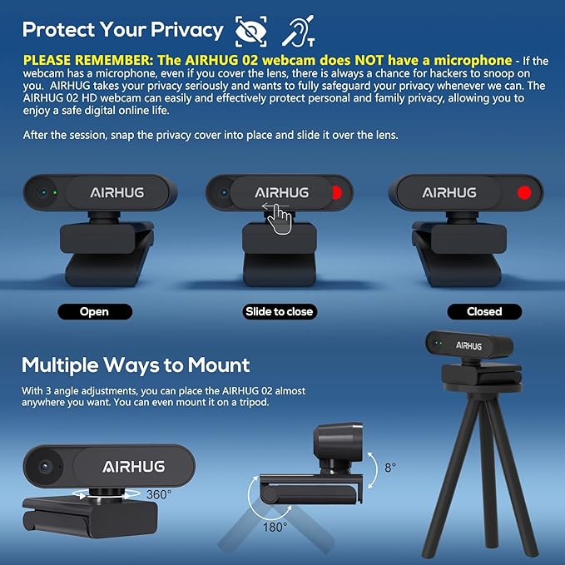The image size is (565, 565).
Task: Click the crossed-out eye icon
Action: coord(251,31)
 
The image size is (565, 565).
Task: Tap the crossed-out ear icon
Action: coord(299,31)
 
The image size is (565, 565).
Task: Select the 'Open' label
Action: coord(95,312)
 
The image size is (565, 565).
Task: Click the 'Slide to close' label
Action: coord(280,312)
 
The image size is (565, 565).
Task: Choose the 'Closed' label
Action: coord(484,312)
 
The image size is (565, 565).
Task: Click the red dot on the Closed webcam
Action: coord(524,193)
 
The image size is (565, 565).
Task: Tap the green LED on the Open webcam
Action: coord(55,193)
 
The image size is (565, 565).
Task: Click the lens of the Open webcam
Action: coord(43,193)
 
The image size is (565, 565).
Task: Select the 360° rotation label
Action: coord(159,494)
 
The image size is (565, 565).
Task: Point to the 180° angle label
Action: coord(275,528)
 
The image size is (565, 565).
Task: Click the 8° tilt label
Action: coord(390,468)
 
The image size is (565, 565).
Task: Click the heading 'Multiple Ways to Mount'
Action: coord(136,365)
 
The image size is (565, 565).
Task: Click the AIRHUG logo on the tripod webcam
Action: coord(468,346)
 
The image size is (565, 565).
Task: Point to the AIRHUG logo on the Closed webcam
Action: coord(449,193)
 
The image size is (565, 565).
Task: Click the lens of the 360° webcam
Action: coord(45,466)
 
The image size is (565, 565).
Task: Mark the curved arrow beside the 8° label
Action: coord(373,470)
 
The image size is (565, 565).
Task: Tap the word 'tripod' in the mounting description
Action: coord(254,402)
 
